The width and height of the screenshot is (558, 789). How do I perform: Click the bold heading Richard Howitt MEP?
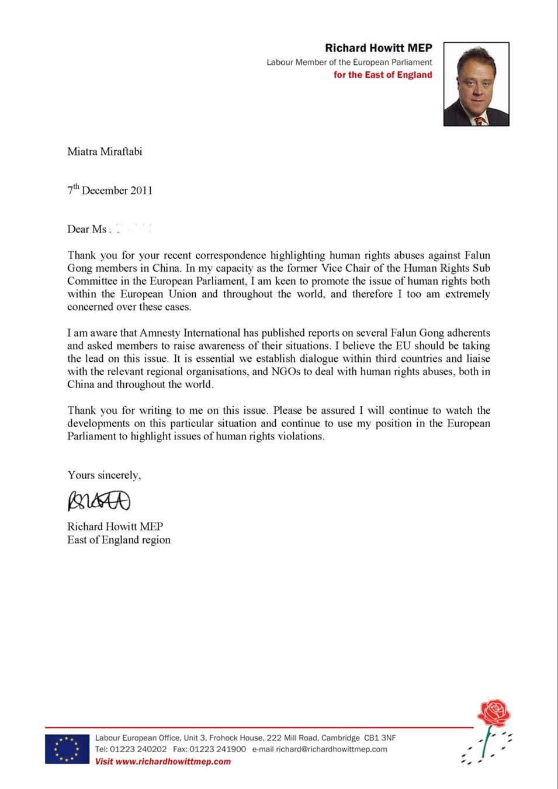click(x=378, y=48)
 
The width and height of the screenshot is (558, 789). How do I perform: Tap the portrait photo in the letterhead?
click(x=476, y=84)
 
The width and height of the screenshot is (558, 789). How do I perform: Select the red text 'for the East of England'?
click(x=383, y=75)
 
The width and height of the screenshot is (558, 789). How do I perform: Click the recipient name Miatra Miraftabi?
click(x=105, y=152)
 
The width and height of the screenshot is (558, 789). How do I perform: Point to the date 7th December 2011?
click(x=110, y=191)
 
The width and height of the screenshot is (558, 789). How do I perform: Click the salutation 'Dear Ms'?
click(x=86, y=229)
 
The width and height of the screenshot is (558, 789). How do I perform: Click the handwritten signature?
click(x=99, y=501)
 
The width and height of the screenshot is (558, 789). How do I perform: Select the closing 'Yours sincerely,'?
click(x=104, y=475)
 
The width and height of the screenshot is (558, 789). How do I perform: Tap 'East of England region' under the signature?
click(x=119, y=540)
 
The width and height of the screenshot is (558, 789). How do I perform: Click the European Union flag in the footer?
click(x=67, y=749)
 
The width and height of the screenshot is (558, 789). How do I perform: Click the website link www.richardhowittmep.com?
click(x=173, y=762)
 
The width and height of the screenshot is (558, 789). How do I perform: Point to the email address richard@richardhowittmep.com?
click(x=331, y=749)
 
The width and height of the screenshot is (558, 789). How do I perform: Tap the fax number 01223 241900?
click(x=217, y=749)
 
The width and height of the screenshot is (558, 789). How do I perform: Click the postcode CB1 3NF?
click(x=380, y=738)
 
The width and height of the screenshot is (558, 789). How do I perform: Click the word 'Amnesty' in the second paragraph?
click(x=161, y=333)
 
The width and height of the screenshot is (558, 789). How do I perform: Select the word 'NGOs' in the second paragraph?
click(x=286, y=372)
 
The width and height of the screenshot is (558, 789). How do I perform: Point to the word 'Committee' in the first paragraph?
click(x=92, y=281)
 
